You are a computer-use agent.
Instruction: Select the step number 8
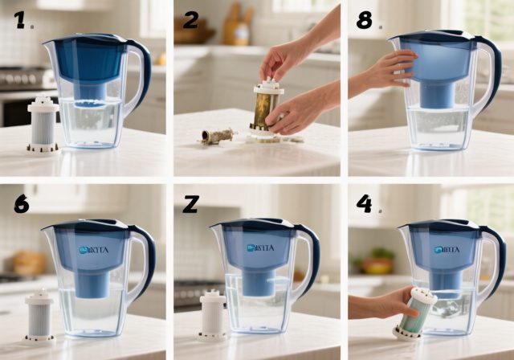364,20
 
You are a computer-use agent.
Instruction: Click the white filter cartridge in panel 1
43,124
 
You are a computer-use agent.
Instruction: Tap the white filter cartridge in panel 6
39,314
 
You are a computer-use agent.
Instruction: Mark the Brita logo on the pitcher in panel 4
445,250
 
